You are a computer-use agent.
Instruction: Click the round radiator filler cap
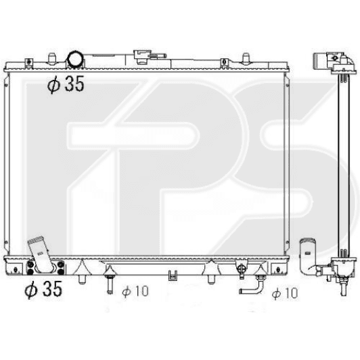coord(75,59)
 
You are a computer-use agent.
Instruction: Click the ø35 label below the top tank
coord(66,85)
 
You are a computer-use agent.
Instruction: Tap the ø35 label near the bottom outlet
coord(43,289)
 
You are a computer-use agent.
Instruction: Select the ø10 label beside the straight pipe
coord(135,291)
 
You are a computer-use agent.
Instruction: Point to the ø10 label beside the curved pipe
coord(285,293)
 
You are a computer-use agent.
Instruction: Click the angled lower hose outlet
coord(41,254)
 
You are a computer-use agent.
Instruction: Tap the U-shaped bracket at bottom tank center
coord(173,275)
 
